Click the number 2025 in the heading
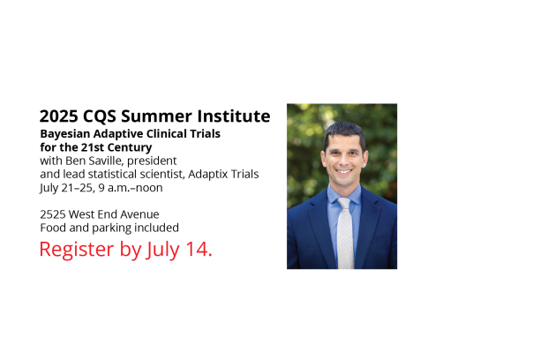click(x=58, y=116)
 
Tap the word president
click(x=152, y=161)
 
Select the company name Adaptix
click(x=207, y=175)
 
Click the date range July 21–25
click(x=66, y=188)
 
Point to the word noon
click(x=149, y=188)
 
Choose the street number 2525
click(x=53, y=214)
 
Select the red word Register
click(x=77, y=250)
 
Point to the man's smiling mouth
click(x=344, y=171)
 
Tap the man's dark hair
click(x=344, y=133)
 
